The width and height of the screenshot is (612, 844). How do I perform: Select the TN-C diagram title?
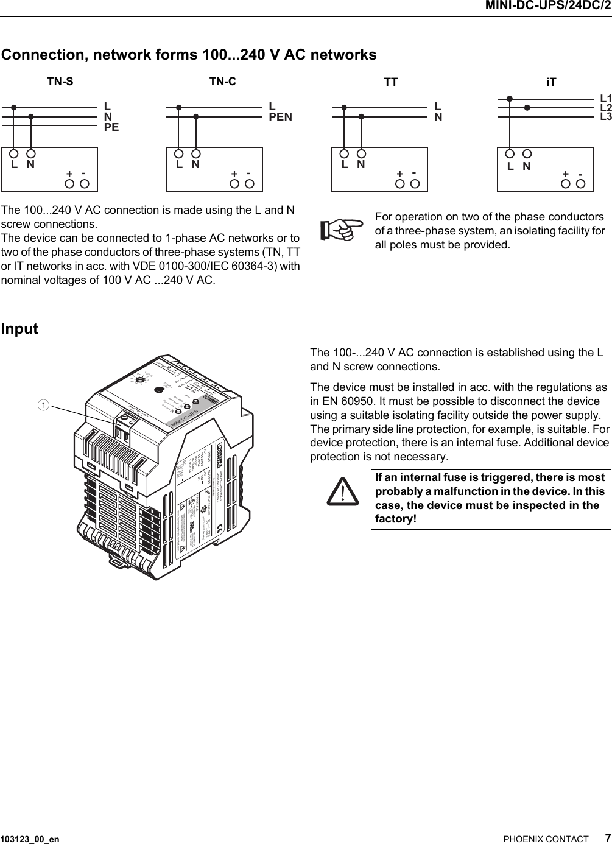click(222, 82)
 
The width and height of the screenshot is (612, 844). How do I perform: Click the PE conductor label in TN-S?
click(111, 127)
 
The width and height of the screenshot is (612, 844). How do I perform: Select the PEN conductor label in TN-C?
click(280, 116)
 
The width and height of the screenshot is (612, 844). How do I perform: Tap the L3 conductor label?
click(605, 116)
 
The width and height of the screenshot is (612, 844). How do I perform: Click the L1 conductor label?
click(605, 98)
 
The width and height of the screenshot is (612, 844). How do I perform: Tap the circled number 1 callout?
click(43, 404)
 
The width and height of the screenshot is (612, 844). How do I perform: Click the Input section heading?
click(19, 329)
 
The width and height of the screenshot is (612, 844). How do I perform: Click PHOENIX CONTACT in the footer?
click(546, 839)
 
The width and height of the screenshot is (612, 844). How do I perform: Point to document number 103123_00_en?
click(30, 839)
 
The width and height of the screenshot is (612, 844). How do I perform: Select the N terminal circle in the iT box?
click(527, 155)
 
